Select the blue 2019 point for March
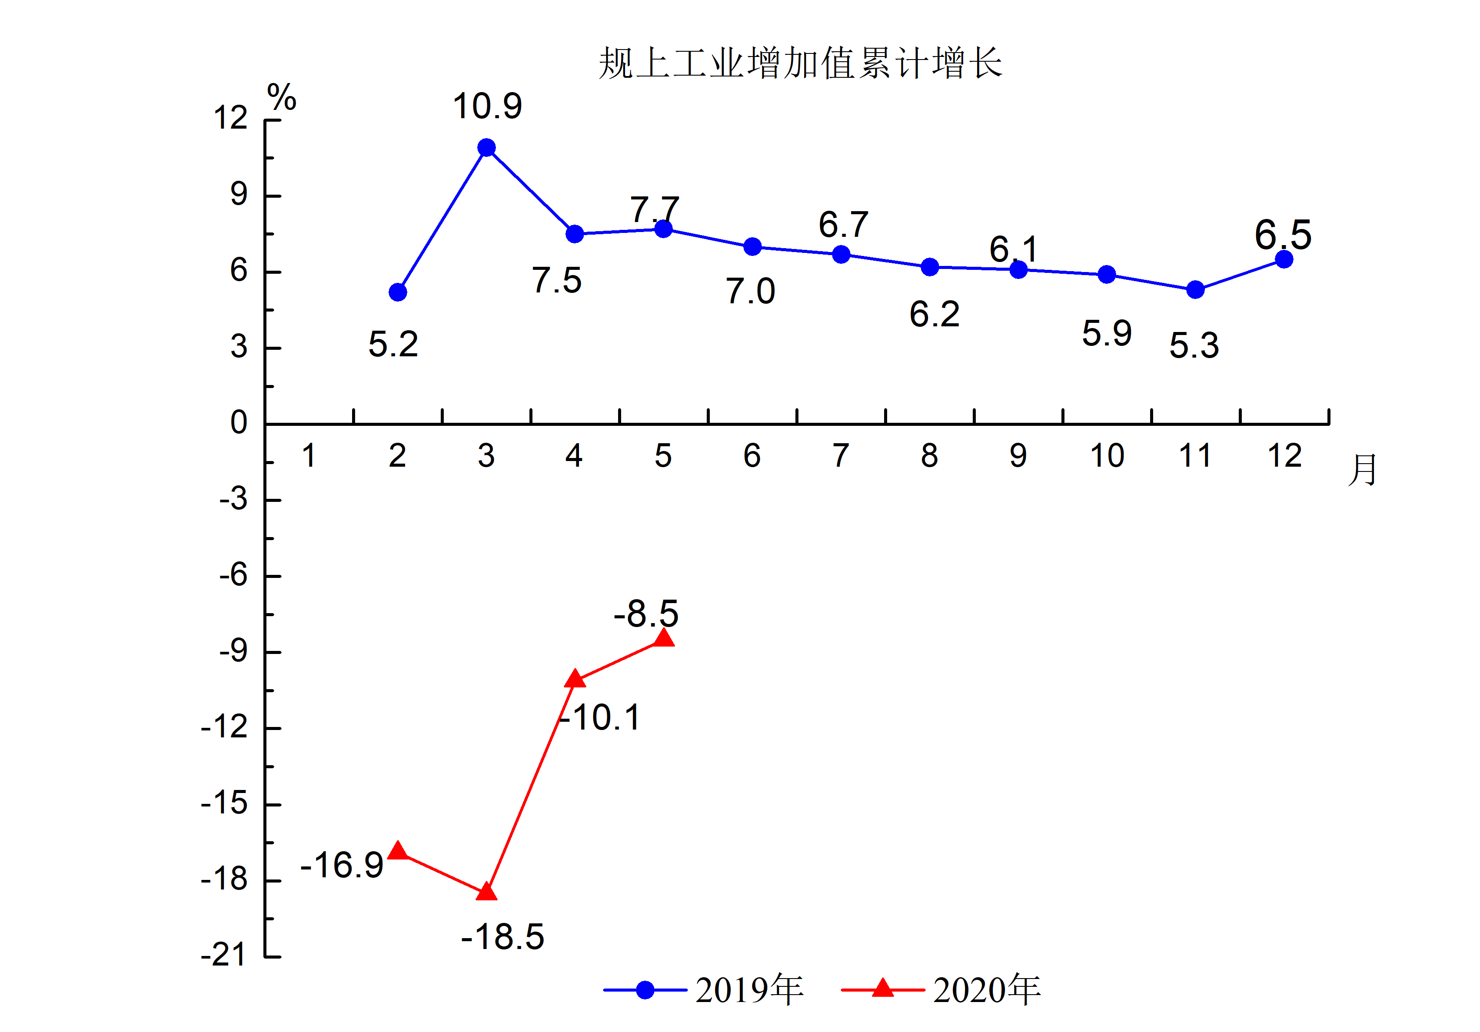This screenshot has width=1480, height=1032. (487, 148)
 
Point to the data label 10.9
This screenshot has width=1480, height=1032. (487, 106)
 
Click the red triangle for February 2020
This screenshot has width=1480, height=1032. (398, 851)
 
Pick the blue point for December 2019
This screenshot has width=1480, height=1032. (1284, 259)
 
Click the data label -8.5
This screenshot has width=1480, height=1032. (646, 613)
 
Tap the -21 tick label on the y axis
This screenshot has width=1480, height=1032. (224, 955)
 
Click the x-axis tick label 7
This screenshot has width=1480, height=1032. (841, 456)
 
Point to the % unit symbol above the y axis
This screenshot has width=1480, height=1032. (282, 98)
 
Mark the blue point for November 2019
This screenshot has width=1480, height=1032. (1195, 289)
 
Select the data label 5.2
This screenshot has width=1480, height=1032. (393, 344)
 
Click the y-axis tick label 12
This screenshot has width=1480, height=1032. (231, 118)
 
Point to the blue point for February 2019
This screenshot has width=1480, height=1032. (398, 292)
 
